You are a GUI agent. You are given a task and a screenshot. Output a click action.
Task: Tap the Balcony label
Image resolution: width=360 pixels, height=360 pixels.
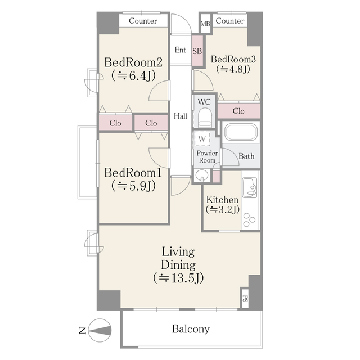191,329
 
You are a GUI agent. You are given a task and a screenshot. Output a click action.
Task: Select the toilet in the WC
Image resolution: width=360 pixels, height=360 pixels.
204,117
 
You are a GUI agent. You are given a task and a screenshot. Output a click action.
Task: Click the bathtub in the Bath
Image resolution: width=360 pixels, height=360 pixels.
241,132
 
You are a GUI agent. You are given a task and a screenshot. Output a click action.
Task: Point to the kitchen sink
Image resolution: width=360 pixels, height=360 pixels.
250,187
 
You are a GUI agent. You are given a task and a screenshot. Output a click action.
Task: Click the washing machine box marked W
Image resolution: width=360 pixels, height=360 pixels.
202,138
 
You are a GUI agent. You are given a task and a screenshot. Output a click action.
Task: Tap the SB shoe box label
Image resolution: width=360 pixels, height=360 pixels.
197,51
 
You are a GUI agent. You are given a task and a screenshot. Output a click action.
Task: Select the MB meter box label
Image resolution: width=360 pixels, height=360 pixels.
205,24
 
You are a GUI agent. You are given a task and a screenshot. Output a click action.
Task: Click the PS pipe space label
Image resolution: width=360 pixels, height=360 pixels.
245,299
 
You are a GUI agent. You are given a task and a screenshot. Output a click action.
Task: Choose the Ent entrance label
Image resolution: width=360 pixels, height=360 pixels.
180,50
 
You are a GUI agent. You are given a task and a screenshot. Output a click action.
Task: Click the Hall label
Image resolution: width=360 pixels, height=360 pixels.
180,116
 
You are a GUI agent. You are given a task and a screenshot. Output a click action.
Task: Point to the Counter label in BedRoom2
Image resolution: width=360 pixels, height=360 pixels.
143,21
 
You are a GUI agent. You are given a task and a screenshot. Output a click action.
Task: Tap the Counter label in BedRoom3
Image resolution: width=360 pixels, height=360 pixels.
230,21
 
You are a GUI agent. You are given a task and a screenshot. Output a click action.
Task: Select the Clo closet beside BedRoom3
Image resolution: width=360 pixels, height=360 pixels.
238,111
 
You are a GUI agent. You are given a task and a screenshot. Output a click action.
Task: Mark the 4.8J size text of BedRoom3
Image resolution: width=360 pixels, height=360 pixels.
233,69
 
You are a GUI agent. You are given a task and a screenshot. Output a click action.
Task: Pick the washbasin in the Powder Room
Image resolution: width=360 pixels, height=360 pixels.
202,175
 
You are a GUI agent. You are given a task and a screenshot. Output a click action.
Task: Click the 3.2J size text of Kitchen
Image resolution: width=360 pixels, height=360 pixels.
223,209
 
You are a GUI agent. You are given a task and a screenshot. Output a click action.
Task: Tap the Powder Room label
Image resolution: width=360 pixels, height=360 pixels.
207,156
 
